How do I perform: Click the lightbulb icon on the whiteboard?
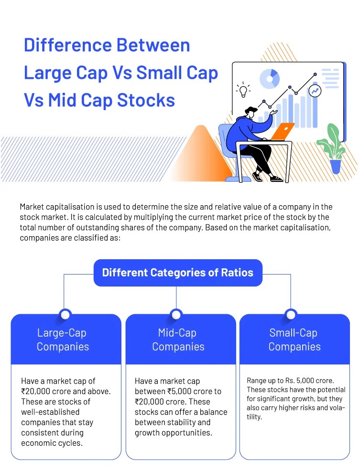[244, 89]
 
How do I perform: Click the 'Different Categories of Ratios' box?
[177, 273]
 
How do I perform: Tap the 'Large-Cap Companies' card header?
[63, 340]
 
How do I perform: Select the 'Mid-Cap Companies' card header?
[178, 340]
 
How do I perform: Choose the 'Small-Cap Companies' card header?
[294, 340]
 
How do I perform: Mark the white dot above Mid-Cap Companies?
[176, 314]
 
